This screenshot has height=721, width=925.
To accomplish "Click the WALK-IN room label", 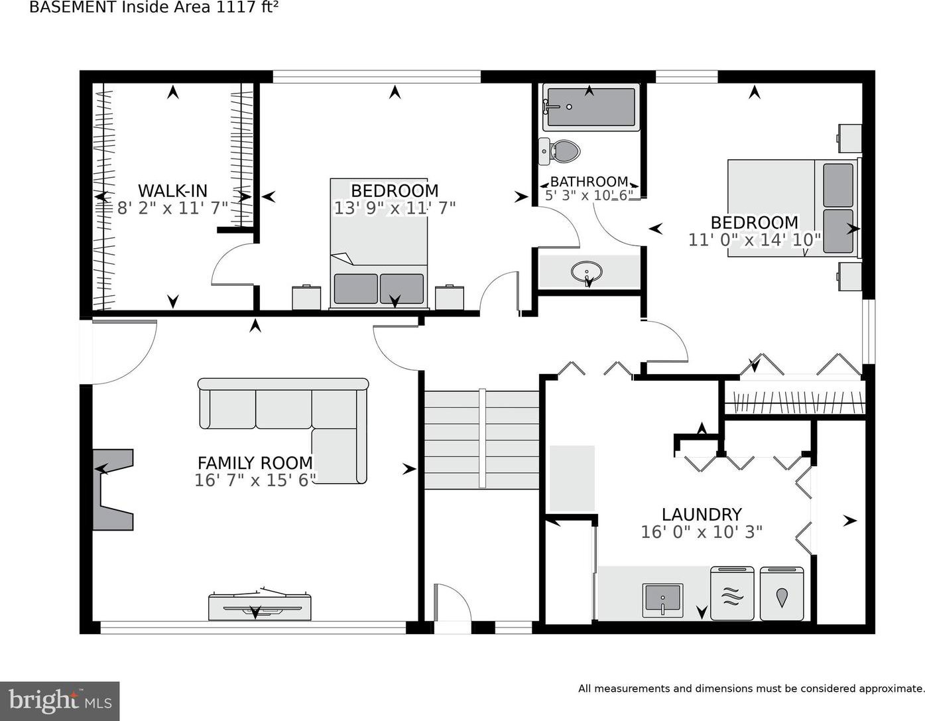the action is [172, 190].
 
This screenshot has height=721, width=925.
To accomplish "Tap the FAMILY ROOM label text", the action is [255, 463].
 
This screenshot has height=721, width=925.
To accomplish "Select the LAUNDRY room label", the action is [702, 515].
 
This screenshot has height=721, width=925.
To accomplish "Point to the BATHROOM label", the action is [589, 182].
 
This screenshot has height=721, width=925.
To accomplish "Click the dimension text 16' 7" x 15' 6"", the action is [255, 480].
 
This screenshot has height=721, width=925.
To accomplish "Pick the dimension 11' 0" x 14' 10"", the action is [755, 240].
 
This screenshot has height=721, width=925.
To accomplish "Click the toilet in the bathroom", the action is [560, 151].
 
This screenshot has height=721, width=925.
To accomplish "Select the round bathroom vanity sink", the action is [587, 271].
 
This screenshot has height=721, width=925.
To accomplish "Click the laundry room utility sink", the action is [662, 600].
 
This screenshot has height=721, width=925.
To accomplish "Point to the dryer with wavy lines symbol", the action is [732, 593].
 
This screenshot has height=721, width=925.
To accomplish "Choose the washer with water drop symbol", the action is [782, 593].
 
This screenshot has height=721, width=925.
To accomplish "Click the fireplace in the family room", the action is [113, 490].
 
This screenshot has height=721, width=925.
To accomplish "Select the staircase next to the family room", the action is [482, 439].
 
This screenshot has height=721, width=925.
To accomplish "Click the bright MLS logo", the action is [60, 701].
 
